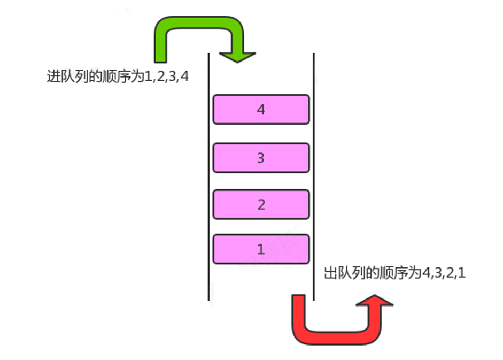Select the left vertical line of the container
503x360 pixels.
tap(208, 177)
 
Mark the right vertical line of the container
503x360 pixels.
tap(313, 177)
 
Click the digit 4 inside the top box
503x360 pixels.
tap(261, 110)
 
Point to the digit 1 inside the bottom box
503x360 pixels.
tap(261, 249)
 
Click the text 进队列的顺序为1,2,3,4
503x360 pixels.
tap(118, 76)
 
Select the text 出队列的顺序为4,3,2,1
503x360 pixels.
tap(395, 273)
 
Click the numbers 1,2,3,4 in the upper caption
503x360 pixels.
tap(167, 76)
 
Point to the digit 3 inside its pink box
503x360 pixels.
tap(261, 158)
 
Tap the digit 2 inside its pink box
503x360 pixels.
tap(261, 204)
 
